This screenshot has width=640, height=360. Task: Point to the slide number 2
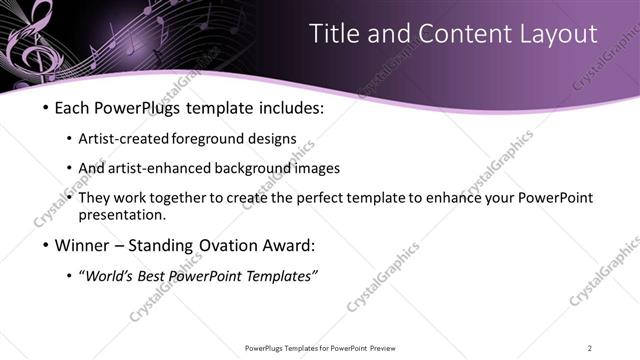point(589,347)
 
